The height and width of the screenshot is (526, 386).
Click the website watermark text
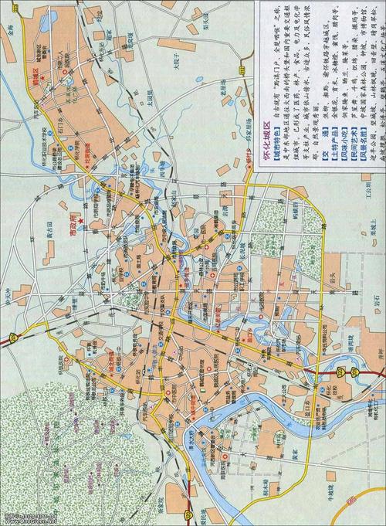[27, 518]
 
